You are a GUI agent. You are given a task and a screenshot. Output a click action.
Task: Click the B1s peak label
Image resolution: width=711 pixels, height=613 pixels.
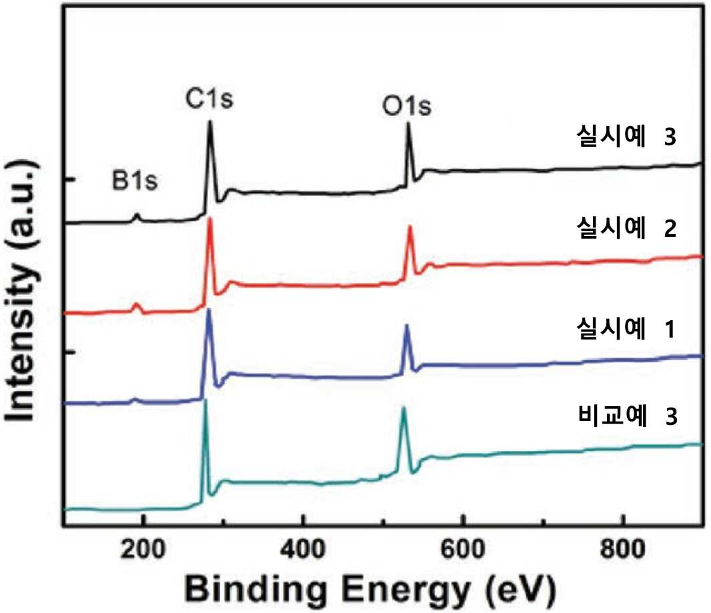click(x=135, y=181)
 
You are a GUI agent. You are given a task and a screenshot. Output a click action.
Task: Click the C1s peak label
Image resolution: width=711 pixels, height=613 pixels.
click(x=209, y=99)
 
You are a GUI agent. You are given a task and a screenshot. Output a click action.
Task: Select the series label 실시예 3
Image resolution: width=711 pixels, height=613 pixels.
click(x=626, y=136)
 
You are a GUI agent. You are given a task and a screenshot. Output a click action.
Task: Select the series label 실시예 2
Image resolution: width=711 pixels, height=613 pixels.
click(x=626, y=227)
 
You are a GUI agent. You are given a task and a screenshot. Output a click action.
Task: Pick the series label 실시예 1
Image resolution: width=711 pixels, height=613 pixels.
click(x=626, y=328)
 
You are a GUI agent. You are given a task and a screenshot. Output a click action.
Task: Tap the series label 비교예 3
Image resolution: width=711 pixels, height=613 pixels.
click(x=628, y=416)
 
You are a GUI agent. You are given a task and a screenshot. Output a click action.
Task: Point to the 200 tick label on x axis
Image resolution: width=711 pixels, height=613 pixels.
click(x=142, y=550)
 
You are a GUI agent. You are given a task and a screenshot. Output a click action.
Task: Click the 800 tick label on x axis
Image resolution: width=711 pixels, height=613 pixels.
click(x=623, y=550)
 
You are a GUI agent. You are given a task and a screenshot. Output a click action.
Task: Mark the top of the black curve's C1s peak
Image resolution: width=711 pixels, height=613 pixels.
click(x=209, y=121)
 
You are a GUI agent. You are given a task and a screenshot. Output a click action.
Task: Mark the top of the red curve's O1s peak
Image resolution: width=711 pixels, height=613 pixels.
click(x=410, y=226)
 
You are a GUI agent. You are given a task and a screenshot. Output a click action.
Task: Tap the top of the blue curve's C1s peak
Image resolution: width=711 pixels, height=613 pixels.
click(x=209, y=310)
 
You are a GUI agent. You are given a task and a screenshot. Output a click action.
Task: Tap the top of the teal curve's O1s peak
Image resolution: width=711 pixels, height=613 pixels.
click(x=403, y=408)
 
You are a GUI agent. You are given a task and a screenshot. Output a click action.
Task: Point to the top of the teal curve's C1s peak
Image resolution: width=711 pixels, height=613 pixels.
click(x=205, y=400)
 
